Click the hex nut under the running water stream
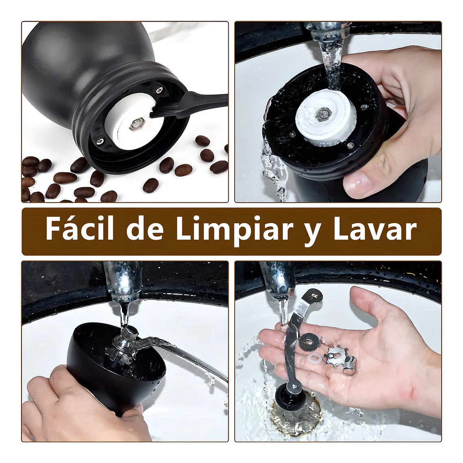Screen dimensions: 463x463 tap(324, 113)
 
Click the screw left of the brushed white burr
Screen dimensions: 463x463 tap(100, 140)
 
